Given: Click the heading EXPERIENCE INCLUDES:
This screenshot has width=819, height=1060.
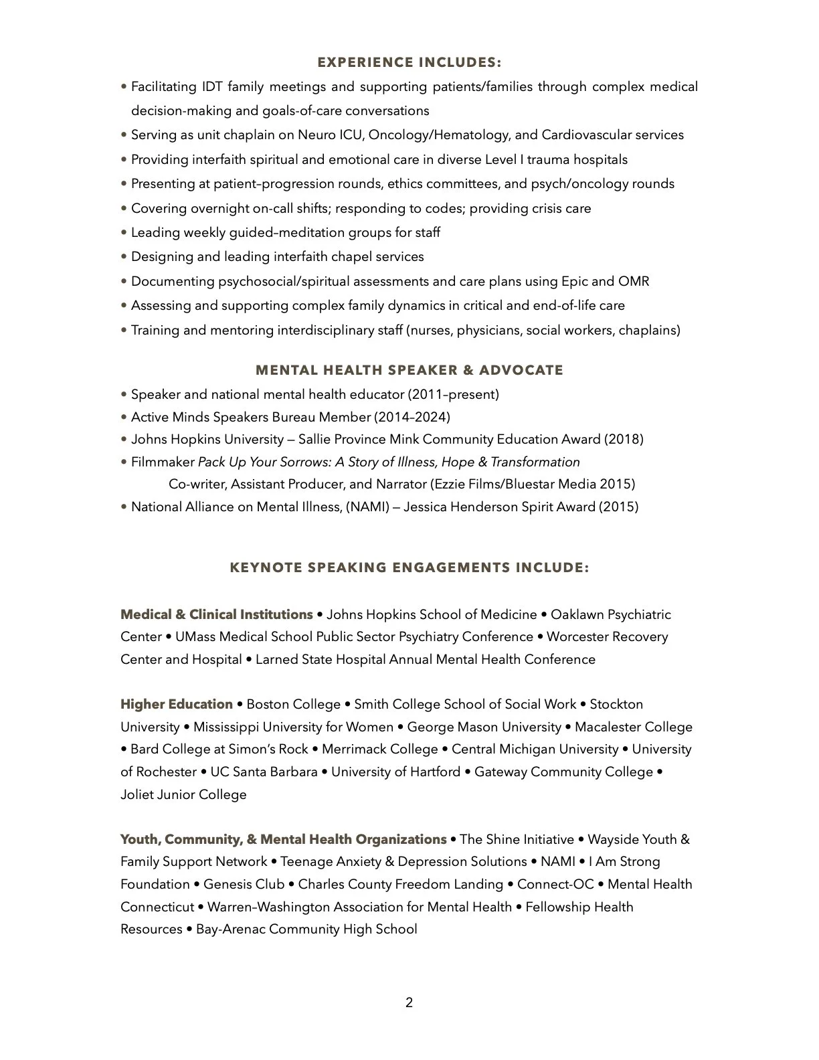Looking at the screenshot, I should tap(409, 63).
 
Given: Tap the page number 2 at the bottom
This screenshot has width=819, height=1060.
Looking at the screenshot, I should tap(409, 1002).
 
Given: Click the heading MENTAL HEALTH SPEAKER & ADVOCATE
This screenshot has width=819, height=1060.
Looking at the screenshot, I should tap(409, 370).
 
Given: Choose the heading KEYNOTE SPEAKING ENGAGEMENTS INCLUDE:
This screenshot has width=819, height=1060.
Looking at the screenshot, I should tap(409, 568).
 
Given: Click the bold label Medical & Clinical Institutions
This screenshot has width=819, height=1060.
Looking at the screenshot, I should tap(216, 614).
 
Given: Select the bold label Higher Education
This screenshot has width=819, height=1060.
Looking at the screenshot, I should tap(177, 704).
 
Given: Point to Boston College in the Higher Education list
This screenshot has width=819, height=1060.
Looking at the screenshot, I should tap(294, 704).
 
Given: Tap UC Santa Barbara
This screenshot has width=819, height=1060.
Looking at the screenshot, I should tap(264, 772).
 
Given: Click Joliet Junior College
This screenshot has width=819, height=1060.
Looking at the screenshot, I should tap(183, 794).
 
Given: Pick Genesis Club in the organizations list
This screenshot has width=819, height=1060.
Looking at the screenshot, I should tap(244, 884).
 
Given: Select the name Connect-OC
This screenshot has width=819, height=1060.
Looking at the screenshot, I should tap(555, 884).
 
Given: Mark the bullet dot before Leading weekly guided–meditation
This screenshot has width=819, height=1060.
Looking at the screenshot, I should tap(124, 233).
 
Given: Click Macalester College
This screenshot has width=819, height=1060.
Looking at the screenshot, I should tap(633, 727).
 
